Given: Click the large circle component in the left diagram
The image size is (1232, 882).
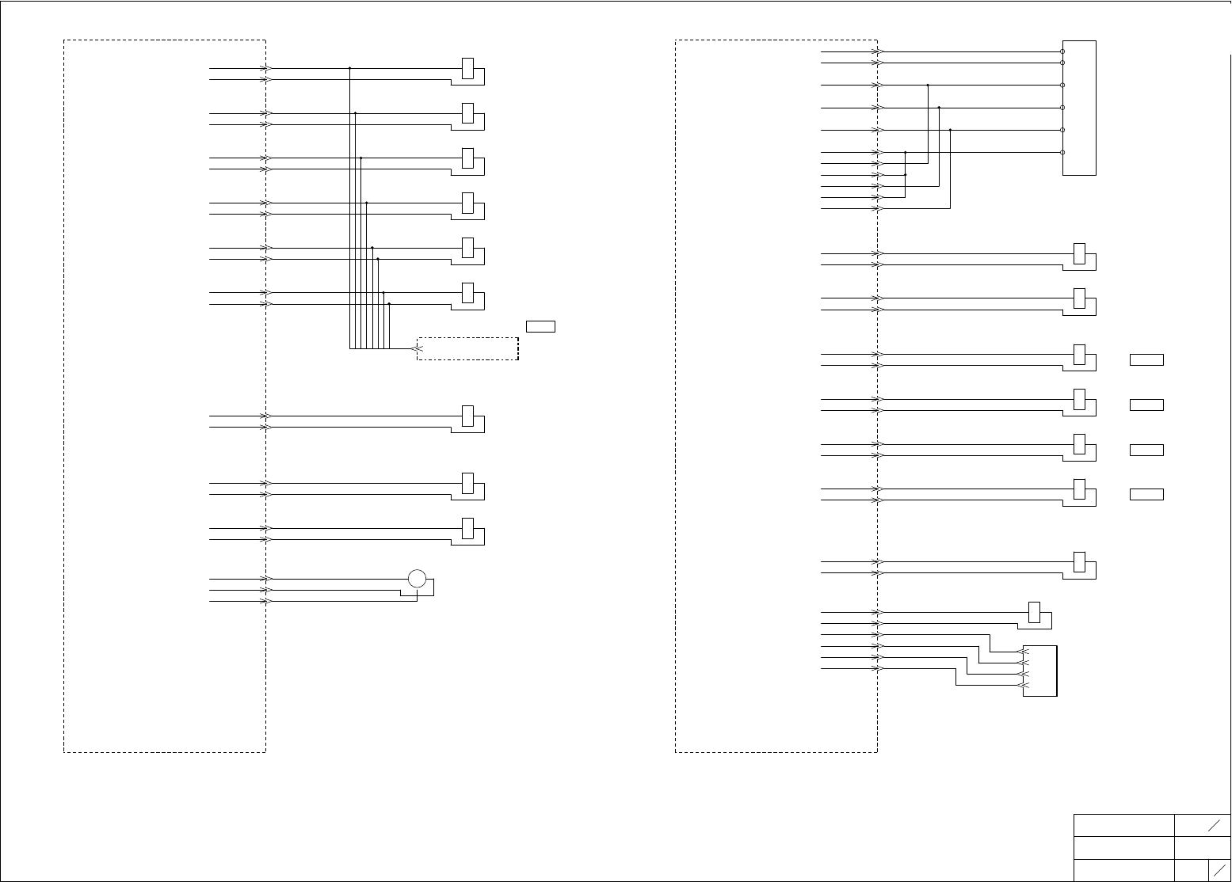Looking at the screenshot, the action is click(x=418, y=579).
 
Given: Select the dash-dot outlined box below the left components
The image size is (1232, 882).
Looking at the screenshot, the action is click(x=467, y=348).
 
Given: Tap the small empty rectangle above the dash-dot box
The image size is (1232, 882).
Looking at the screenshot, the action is click(x=540, y=326).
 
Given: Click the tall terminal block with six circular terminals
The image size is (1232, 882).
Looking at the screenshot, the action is click(x=1080, y=108).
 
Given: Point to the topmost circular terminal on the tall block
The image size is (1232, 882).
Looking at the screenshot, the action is click(x=1062, y=51).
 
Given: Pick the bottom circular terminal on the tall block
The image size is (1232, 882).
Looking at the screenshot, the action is click(x=1062, y=152).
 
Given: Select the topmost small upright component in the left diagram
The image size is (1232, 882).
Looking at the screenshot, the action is click(x=468, y=68).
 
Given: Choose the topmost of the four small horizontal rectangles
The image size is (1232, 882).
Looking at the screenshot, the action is click(x=1146, y=360).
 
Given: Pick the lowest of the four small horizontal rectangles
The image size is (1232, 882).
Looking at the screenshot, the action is click(x=1146, y=495).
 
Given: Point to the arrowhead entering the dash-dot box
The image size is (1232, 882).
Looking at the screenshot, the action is click(x=419, y=348).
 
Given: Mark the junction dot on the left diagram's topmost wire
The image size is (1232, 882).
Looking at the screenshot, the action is click(x=349, y=68).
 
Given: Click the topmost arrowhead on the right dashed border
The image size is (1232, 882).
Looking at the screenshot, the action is click(x=878, y=51).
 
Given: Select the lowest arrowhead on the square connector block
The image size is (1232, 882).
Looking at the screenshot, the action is click(x=1022, y=685).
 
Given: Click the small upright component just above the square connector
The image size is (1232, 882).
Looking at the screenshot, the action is click(x=1034, y=612).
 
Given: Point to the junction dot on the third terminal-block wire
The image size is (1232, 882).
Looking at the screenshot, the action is click(x=927, y=85).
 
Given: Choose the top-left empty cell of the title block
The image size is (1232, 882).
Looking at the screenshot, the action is click(x=1123, y=825).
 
